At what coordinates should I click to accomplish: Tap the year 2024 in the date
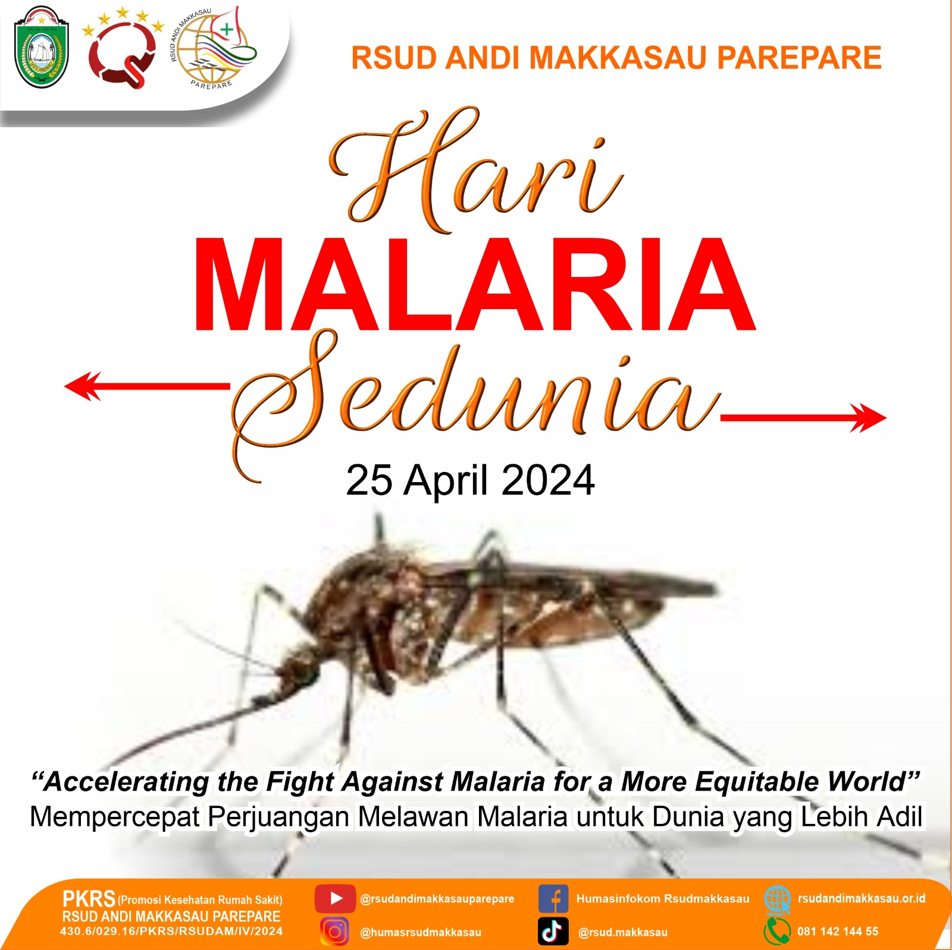[547, 480]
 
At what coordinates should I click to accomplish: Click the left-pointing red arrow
[146, 386]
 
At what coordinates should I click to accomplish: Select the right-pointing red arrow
[803, 417]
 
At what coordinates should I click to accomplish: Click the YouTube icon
[335, 898]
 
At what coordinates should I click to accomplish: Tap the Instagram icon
[335, 932]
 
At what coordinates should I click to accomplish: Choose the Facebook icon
[553, 898]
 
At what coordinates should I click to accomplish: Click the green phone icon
[777, 932]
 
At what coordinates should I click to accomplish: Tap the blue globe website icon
[777, 899]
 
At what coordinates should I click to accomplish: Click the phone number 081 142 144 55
[838, 932]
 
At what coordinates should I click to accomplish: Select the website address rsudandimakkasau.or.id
[862, 898]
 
